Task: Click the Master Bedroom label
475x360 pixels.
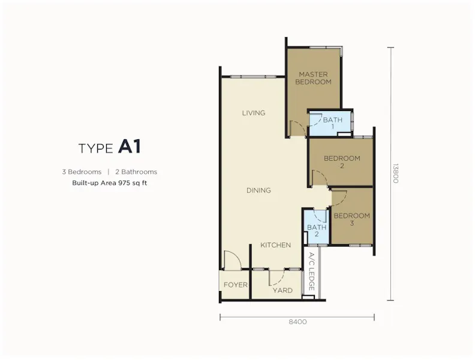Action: (x=313, y=78)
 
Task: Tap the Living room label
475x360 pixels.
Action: (x=254, y=113)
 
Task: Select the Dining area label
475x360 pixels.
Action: (x=258, y=190)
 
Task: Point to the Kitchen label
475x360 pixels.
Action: (x=276, y=245)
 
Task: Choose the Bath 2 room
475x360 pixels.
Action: (x=317, y=227)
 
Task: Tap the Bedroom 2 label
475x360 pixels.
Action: (x=342, y=162)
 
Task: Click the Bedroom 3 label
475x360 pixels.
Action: (x=351, y=220)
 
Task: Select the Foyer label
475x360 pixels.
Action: (x=235, y=285)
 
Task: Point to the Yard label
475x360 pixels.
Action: (x=282, y=290)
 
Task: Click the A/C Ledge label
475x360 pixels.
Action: (x=311, y=272)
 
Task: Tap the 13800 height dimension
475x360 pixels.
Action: (x=395, y=173)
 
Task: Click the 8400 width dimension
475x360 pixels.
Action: (x=298, y=322)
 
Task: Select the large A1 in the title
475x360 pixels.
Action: (x=130, y=146)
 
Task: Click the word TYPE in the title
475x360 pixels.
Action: (x=96, y=148)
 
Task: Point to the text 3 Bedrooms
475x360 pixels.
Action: (x=82, y=172)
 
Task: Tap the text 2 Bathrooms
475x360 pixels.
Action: (x=136, y=172)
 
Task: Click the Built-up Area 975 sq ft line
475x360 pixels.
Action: (x=110, y=183)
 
